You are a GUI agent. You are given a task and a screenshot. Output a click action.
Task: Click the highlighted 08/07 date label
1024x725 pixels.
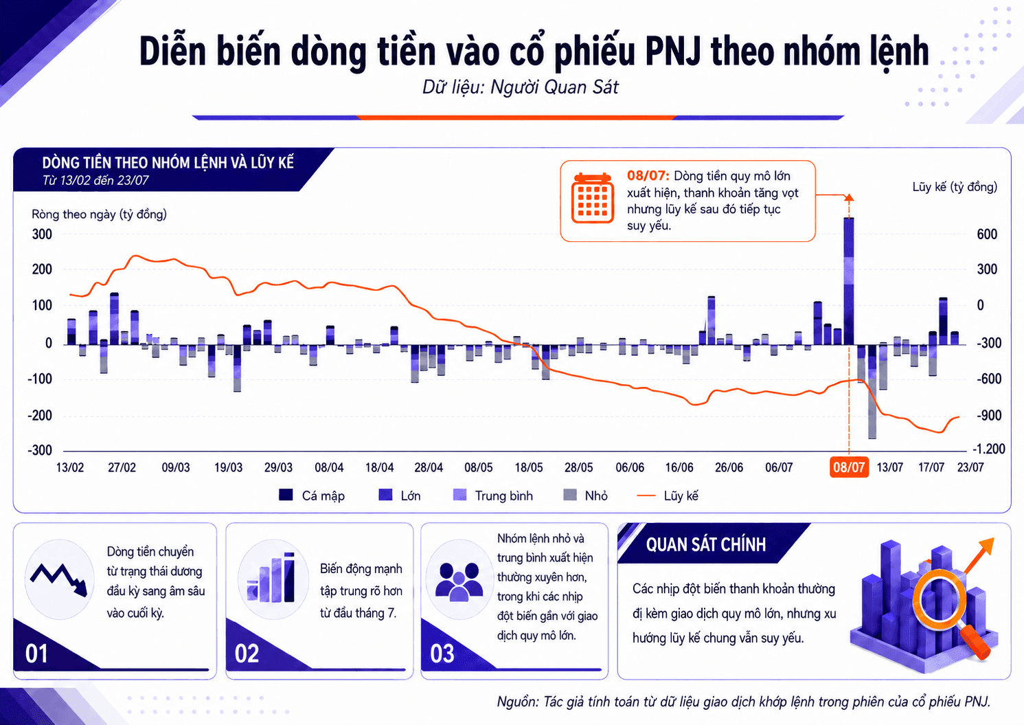(x=849, y=467)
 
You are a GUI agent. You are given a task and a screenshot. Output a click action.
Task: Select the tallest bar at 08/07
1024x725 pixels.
(x=849, y=281)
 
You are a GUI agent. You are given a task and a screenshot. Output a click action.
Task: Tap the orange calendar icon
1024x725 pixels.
(x=592, y=198)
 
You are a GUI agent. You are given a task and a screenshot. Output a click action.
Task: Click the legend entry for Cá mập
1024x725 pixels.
(x=312, y=495)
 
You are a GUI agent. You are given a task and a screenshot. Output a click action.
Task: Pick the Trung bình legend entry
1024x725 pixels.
(x=492, y=495)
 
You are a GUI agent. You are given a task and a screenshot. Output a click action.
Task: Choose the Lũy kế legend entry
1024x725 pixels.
(x=668, y=495)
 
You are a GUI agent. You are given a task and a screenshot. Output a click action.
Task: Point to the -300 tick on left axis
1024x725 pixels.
(x=40, y=450)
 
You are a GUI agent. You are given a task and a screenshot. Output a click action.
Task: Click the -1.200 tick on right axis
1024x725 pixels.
(x=988, y=449)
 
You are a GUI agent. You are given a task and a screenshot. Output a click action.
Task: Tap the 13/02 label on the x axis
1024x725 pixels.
(x=70, y=467)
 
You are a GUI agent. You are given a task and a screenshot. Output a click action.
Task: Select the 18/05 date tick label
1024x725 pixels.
(x=528, y=467)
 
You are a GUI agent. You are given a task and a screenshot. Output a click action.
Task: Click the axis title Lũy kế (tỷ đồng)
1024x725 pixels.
(x=955, y=187)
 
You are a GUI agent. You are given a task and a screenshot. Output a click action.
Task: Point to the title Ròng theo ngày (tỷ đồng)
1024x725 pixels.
(x=99, y=214)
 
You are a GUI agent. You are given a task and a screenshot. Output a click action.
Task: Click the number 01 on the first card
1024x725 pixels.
(x=36, y=654)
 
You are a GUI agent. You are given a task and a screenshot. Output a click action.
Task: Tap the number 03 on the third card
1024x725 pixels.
(x=442, y=654)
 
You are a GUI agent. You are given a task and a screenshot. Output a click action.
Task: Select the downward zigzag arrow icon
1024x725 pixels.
(x=59, y=579)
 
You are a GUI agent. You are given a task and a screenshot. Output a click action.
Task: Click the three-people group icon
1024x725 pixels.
(x=459, y=581)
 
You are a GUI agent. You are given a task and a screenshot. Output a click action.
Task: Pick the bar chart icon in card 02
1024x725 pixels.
(x=271, y=577)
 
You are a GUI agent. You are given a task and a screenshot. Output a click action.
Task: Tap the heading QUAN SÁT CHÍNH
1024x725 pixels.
(x=706, y=544)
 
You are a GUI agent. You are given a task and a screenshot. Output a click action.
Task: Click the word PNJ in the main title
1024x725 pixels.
(x=673, y=52)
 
